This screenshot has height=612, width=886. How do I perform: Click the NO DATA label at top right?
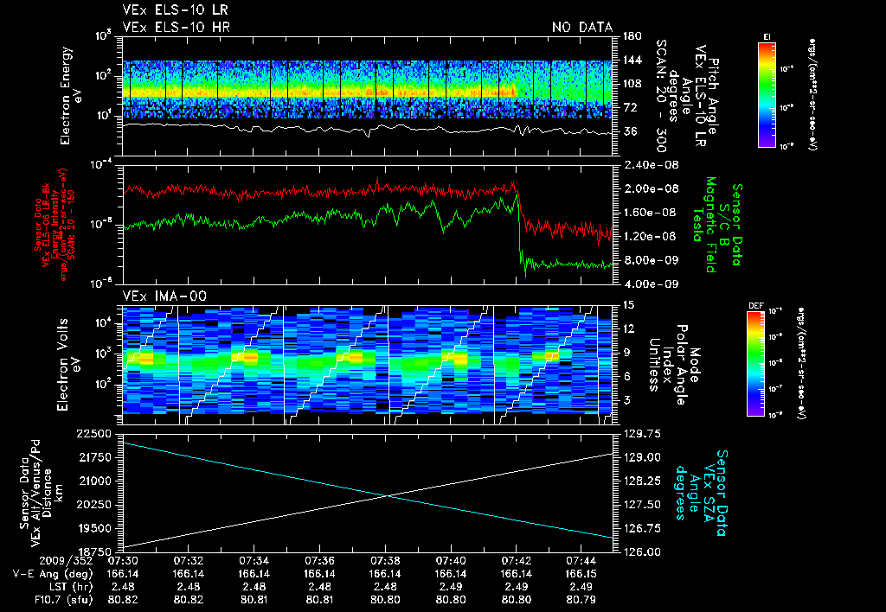coord(582,28)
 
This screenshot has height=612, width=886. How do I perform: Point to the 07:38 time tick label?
coord(385,560)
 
